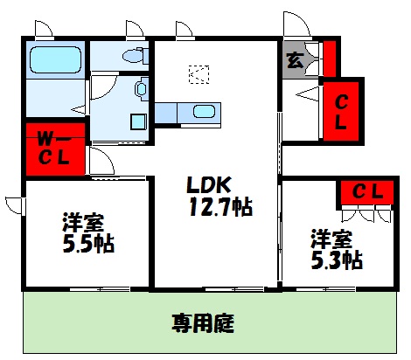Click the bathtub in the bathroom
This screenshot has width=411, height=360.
click(55, 60)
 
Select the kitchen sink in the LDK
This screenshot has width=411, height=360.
click(205, 112)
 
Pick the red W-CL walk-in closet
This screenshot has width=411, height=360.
click(54, 148)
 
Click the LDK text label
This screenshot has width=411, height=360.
click(207, 186)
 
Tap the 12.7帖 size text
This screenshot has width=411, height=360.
click(219, 208)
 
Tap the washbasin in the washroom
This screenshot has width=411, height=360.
click(140, 88)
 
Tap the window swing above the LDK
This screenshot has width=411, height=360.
click(185, 30)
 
